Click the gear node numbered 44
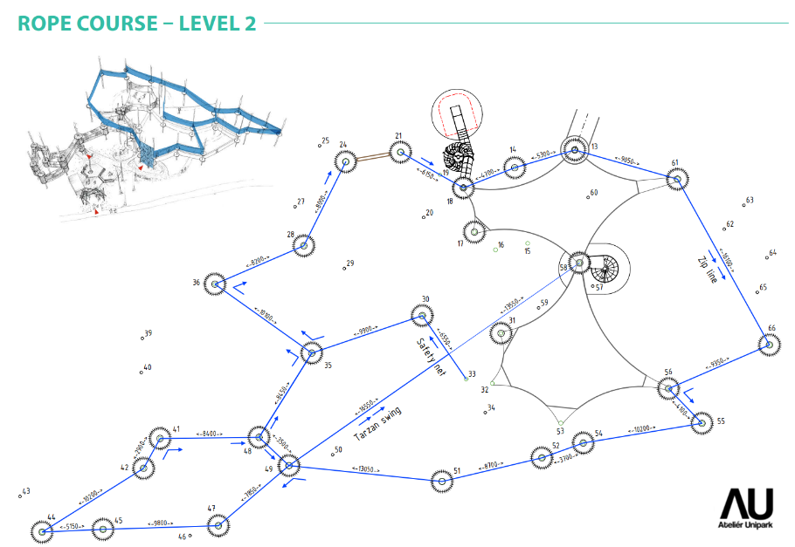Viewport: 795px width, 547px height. point(41,530)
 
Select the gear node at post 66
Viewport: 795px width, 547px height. point(770,345)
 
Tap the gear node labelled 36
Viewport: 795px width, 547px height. point(216,284)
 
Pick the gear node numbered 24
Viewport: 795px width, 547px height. point(346,161)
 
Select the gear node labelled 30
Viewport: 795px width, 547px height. point(418,316)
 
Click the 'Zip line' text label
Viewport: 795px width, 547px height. point(708,271)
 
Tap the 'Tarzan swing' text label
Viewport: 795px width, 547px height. point(377,424)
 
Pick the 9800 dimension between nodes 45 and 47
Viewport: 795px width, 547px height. point(160,525)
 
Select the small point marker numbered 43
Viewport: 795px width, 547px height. point(19,496)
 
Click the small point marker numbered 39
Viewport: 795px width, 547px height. point(142,337)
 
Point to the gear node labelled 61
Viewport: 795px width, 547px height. point(675,180)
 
